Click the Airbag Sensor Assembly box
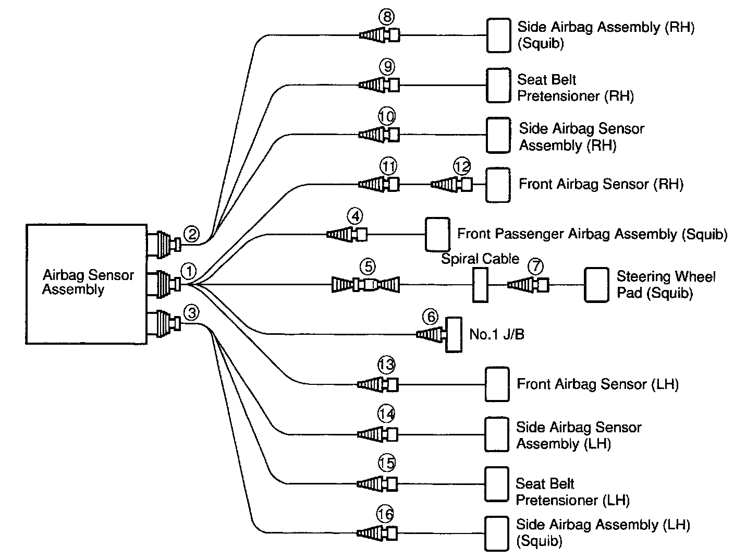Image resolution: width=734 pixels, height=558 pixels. tap(85, 284)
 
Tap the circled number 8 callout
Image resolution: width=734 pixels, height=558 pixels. tap(387, 18)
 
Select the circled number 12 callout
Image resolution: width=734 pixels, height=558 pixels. tap(461, 167)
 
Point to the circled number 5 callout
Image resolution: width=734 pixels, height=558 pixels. tap(367, 267)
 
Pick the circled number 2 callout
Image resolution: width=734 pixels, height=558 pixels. tap(192, 234)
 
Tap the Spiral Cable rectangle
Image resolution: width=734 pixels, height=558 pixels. tap(480, 285)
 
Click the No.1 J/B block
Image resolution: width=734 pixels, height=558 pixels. tap(454, 334)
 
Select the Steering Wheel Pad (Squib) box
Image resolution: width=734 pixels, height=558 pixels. tap(596, 285)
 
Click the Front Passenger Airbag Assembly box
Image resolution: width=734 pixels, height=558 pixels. tap(437, 234)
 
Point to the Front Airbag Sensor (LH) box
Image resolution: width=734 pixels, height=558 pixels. tap(497, 384)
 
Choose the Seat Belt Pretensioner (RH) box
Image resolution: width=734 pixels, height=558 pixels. tap(498, 85)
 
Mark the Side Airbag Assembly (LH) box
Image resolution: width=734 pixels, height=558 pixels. tap(497, 533)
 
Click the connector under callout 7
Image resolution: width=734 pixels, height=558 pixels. tap(528, 285)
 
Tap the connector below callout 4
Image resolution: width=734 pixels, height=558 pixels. tap(347, 235)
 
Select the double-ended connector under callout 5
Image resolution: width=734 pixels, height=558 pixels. tap(366, 285)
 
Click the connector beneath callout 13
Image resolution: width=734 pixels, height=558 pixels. tap(377, 385)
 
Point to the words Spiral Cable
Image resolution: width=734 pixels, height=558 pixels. tap(480, 259)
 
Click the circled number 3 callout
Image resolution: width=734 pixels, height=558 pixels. tap(192, 313)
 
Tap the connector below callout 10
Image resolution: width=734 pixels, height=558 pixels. tap(379, 135)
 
